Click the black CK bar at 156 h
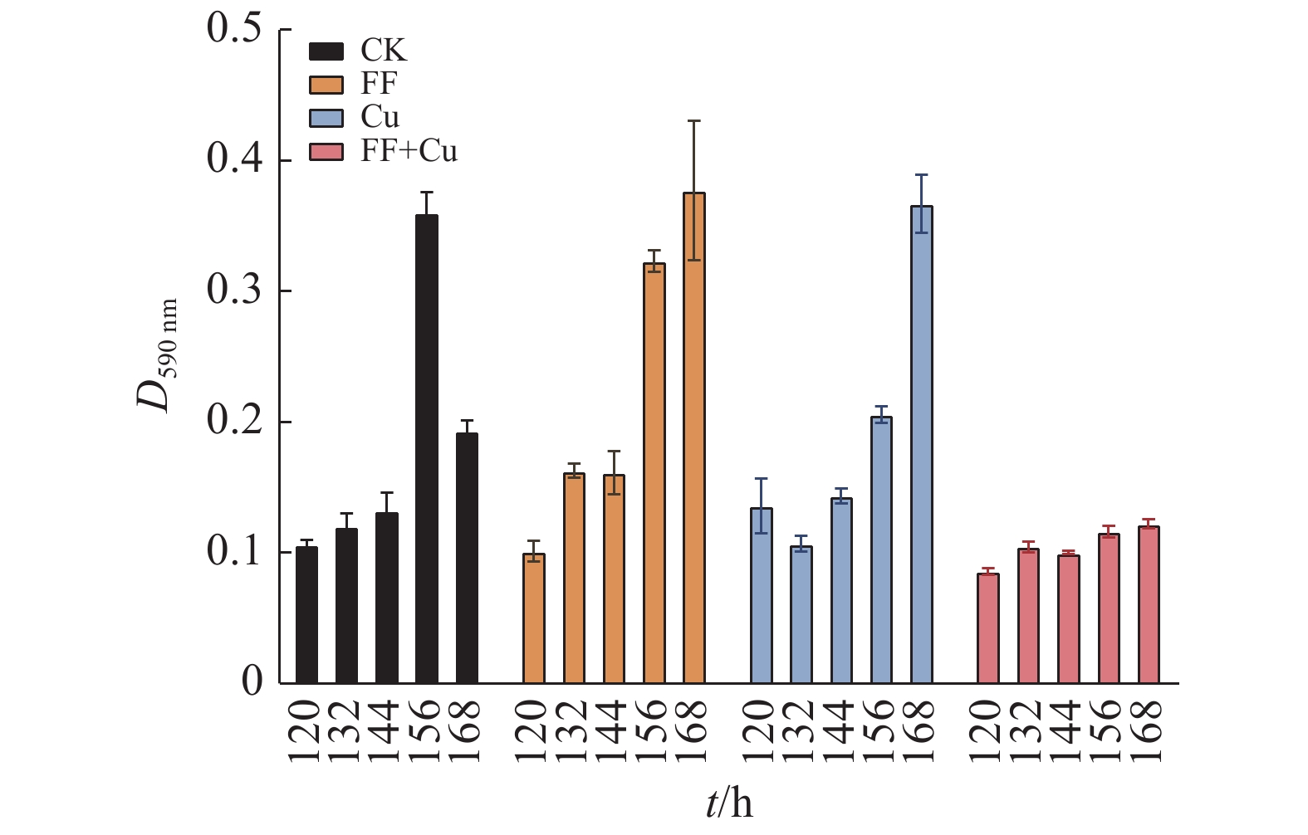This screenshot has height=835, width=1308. click(x=427, y=448)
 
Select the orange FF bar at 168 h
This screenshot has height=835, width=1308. click(x=694, y=438)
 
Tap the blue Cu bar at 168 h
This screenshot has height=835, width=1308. click(x=922, y=444)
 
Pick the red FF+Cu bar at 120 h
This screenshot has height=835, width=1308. click(x=988, y=628)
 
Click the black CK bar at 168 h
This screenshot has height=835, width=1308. click(x=467, y=558)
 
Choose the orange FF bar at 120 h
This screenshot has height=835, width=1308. click(x=534, y=618)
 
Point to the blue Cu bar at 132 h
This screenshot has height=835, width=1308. click(x=801, y=614)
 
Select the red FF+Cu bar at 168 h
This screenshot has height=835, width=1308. click(x=1149, y=604)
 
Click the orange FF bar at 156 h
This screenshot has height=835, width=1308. click(x=654, y=473)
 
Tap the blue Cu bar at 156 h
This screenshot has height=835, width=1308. click(x=882, y=549)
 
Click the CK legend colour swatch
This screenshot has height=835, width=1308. click(x=326, y=51)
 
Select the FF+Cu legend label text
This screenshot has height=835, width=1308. click(x=409, y=151)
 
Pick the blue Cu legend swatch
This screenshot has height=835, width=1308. click(x=326, y=118)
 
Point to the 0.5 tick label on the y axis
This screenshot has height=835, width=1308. click(x=234, y=28)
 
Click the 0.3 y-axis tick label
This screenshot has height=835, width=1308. click(x=234, y=291)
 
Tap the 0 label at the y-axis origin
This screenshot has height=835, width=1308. click(x=252, y=681)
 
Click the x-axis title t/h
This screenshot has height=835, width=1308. click(x=730, y=803)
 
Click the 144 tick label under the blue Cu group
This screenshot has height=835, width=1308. click(x=841, y=730)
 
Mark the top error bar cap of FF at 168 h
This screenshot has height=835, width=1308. click(x=694, y=121)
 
